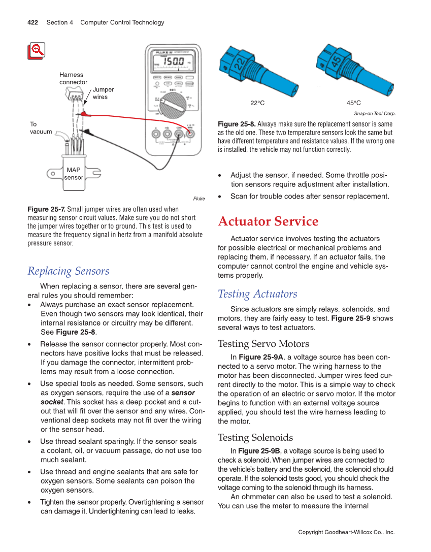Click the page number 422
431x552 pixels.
[34, 22]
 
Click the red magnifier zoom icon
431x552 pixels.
[37, 51]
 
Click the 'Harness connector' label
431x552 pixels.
[73, 78]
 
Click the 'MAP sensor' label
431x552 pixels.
[74, 174]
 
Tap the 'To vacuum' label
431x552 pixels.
[40, 128]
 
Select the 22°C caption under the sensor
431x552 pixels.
[257, 103]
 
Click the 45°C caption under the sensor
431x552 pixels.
[354, 103]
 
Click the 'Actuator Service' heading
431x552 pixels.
[268, 221]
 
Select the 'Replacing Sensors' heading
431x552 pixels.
[68, 271]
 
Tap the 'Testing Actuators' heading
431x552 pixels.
[257, 294]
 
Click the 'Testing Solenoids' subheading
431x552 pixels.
[255, 437]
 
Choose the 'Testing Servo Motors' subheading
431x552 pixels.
[263, 343]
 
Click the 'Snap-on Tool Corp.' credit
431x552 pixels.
[375, 114]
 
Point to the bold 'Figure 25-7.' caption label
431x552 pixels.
[46, 209]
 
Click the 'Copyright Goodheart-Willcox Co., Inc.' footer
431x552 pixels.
[346, 532]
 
